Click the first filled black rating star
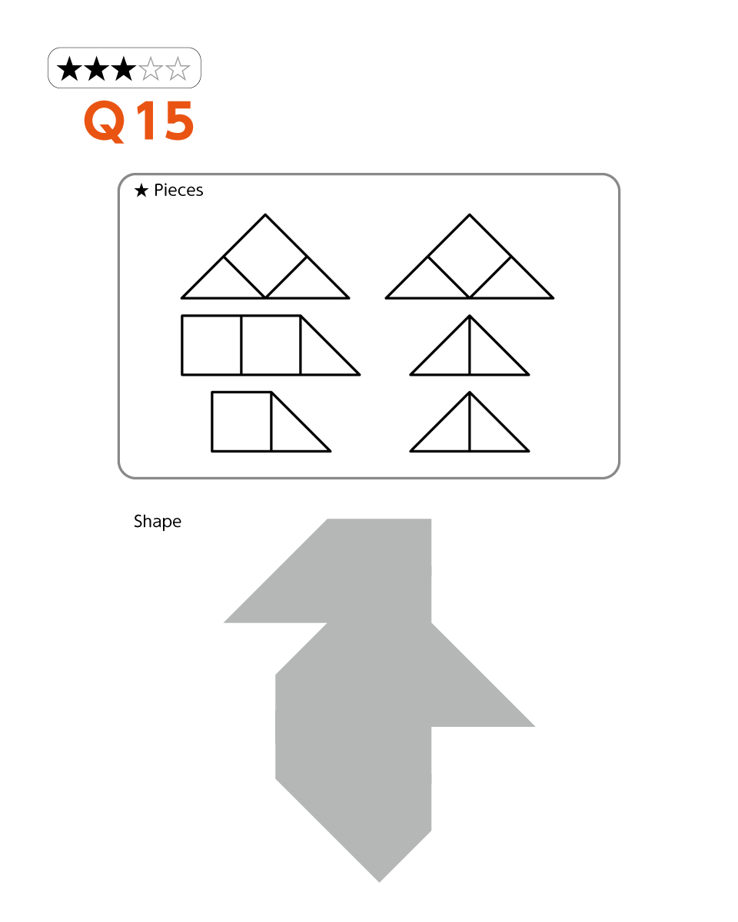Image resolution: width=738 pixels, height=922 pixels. click(69, 68)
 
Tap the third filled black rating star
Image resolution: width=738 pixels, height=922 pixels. click(124, 68)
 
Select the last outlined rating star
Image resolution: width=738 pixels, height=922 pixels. click(178, 68)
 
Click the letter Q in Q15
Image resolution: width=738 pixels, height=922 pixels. click(105, 121)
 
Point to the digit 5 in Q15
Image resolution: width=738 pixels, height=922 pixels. click(179, 121)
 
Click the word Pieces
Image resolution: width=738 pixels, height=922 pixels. click(178, 191)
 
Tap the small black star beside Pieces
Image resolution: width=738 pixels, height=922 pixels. click(141, 191)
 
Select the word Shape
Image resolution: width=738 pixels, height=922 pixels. click(158, 522)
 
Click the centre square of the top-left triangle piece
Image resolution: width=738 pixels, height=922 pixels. click(265, 256)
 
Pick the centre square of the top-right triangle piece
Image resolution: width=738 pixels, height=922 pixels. click(469, 256)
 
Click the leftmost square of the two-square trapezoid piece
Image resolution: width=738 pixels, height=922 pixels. click(211, 345)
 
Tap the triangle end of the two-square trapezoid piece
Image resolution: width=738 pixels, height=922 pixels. click(320, 355)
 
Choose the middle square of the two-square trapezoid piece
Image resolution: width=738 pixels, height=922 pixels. click(271, 345)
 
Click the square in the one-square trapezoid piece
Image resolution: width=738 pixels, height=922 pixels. click(241, 422)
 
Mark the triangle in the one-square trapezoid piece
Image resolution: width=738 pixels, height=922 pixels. click(291, 432)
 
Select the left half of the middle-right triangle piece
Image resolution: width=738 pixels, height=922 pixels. click(450, 355)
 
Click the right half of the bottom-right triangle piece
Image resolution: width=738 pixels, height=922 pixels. click(489, 432)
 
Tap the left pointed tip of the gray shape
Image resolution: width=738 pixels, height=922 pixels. click(224, 622)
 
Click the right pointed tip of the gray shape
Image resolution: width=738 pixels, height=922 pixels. click(534, 726)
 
